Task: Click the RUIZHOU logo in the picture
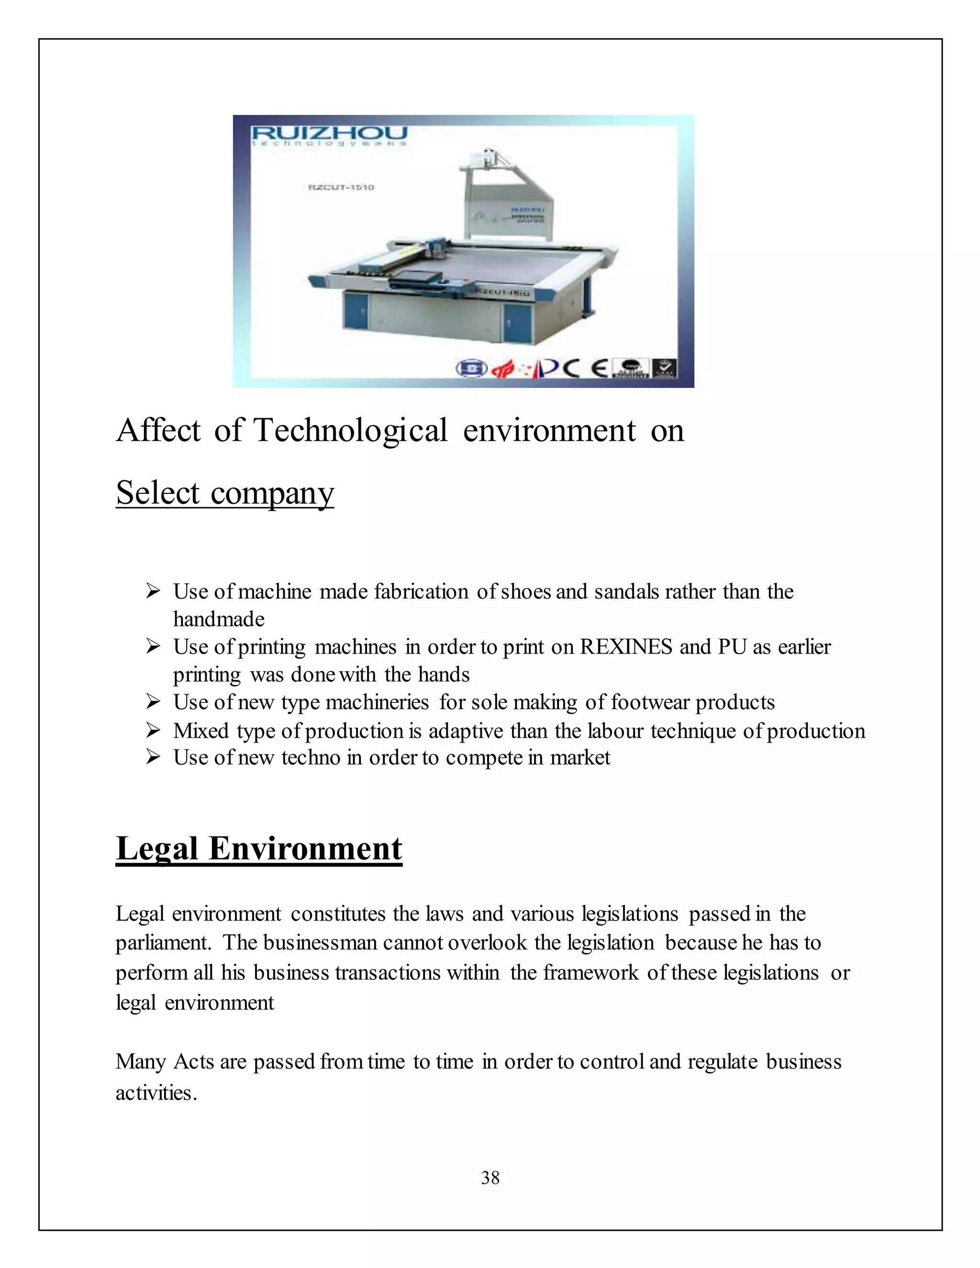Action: (x=329, y=133)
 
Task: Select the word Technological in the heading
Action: (x=351, y=431)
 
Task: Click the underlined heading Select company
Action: (x=225, y=492)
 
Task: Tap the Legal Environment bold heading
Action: (x=258, y=848)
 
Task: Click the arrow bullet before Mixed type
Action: (x=153, y=730)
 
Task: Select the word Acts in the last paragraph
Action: (x=194, y=1061)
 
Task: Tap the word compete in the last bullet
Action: (x=484, y=757)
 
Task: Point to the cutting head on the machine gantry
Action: (x=436, y=248)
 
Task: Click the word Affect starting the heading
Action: (x=158, y=431)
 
